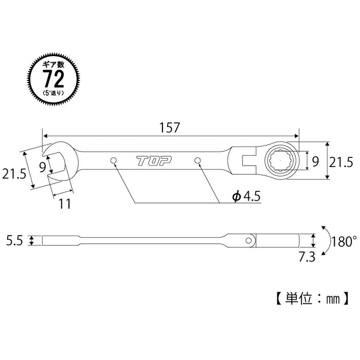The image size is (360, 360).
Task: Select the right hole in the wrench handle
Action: tap(198, 161)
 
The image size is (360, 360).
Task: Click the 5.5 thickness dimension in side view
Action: tap(14, 240)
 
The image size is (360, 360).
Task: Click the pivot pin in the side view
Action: tap(250, 240)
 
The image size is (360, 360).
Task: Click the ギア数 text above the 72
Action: tap(53, 64)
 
